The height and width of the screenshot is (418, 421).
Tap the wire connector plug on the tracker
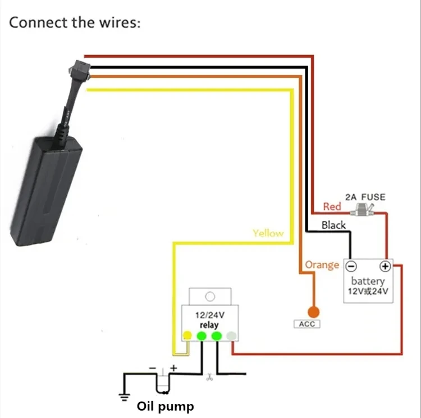tap(75, 70)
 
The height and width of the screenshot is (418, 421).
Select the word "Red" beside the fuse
tap(332, 206)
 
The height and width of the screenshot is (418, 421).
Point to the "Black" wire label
tap(333, 225)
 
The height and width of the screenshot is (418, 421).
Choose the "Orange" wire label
tap(322, 264)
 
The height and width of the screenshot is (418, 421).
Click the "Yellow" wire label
tap(268, 233)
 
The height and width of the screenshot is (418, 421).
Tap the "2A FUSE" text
tap(365, 197)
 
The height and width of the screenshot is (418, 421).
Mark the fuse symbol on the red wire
tap(362, 210)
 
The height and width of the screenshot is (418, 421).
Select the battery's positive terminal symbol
tap(385, 266)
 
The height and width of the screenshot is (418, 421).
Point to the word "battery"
tap(368, 281)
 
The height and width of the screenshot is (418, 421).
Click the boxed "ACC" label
tap(306, 324)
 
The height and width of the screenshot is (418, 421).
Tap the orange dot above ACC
tap(313, 311)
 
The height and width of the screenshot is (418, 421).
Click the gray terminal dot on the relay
tap(231, 336)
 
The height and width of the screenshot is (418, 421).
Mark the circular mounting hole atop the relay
tap(210, 296)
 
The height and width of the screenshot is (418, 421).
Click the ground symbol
tap(125, 395)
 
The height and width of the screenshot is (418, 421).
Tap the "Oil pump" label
tap(166, 406)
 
